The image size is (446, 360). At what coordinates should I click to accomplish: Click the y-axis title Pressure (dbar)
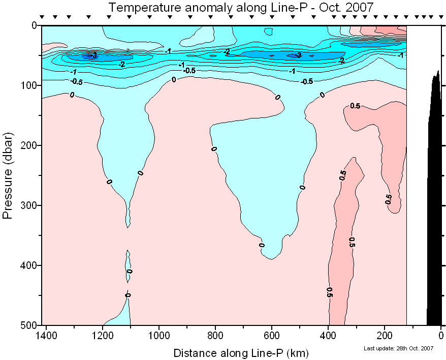(x=8, y=174)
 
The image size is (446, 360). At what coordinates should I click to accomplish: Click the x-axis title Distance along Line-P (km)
(x=241, y=352)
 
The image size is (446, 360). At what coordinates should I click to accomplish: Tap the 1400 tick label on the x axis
(x=47, y=336)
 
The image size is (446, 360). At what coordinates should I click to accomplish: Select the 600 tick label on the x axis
(x=272, y=336)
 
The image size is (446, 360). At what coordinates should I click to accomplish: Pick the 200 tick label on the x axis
(x=385, y=336)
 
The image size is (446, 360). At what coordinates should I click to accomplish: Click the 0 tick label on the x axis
(x=441, y=336)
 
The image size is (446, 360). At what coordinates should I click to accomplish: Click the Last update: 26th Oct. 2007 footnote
(x=399, y=348)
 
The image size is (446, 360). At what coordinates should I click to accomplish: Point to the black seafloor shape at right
(x=434, y=203)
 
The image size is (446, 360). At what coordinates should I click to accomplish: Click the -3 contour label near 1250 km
(x=92, y=55)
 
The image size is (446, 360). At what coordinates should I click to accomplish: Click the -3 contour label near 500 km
(x=299, y=55)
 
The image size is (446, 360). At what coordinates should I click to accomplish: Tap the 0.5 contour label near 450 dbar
(x=330, y=292)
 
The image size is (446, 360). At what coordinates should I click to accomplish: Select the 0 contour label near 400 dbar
(x=130, y=272)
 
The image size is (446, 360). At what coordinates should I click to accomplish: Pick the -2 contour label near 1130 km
(x=121, y=65)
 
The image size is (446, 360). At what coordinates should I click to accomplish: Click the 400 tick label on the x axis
(x=328, y=336)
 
